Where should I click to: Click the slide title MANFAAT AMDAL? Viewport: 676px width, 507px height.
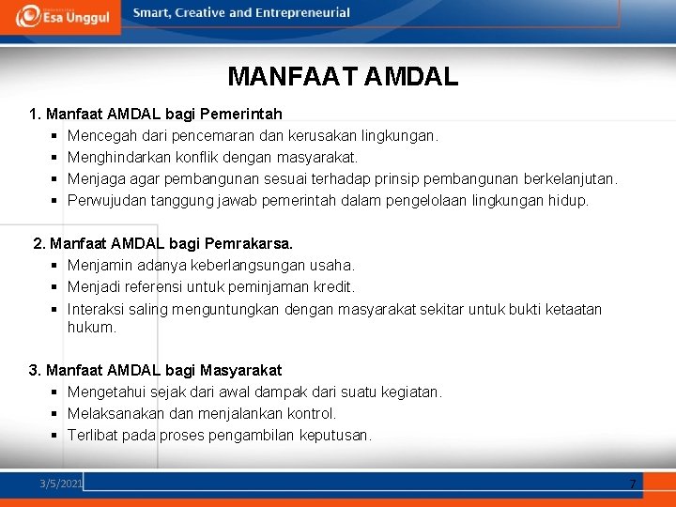click(343, 76)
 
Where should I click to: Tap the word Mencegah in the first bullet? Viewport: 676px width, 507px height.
click(100, 136)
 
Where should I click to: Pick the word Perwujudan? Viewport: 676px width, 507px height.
click(105, 201)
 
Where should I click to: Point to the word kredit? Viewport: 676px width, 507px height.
click(334, 287)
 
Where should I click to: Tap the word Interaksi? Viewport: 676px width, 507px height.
click(96, 309)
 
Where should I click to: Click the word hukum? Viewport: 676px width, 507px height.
click(91, 328)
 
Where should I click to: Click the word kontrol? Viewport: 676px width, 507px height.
click(313, 414)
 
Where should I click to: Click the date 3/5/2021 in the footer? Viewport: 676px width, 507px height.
click(62, 484)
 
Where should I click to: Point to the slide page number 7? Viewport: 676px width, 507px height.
click(632, 484)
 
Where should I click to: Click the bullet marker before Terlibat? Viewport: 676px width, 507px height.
click(56, 436)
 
